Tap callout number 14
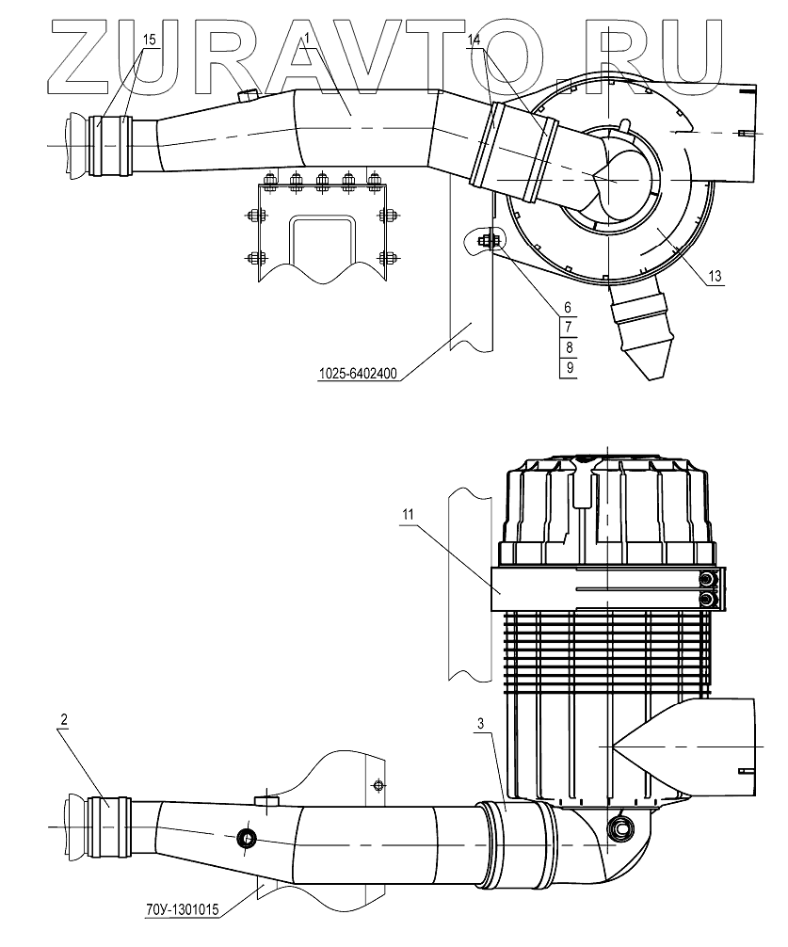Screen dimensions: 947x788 click(473, 40)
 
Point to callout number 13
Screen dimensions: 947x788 click(715, 276)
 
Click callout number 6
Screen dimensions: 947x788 click(568, 307)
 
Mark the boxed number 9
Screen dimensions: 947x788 click(568, 368)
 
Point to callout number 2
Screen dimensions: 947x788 click(64, 720)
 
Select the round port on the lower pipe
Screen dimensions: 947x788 click(247, 838)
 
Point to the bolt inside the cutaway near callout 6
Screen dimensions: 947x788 click(486, 242)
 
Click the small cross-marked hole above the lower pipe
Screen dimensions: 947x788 click(378, 785)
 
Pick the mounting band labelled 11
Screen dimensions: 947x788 click(603, 591)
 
